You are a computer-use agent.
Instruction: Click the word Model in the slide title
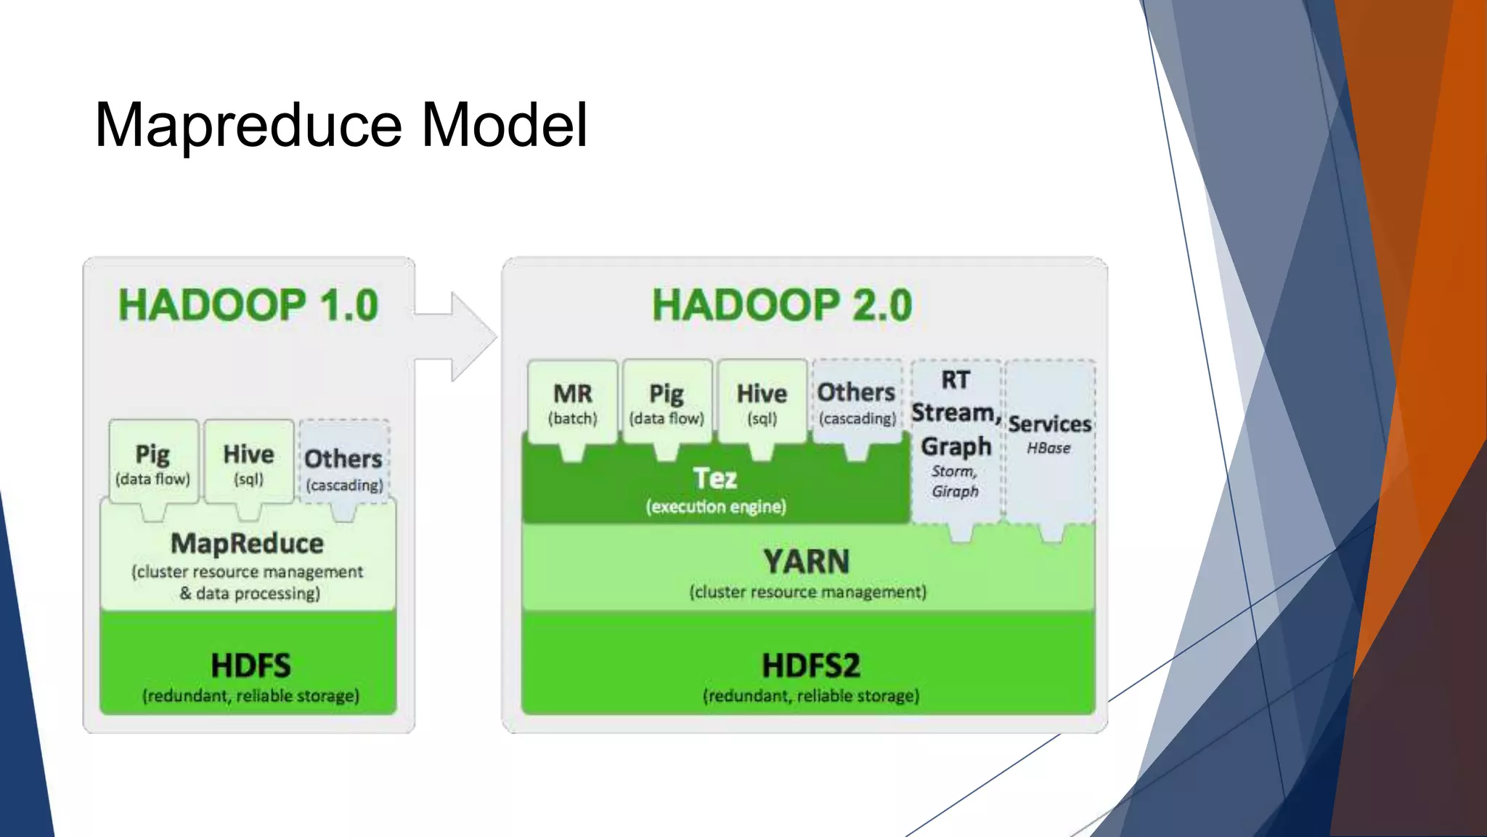click(x=504, y=126)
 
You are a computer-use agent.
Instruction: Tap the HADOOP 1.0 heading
click(x=248, y=305)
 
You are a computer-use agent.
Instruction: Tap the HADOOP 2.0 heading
click(x=782, y=305)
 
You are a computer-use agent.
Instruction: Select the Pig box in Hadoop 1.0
click(x=153, y=463)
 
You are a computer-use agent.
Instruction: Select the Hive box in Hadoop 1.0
click(x=248, y=463)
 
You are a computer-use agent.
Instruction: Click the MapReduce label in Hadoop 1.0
click(x=248, y=543)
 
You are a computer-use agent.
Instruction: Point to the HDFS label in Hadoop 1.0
click(x=250, y=666)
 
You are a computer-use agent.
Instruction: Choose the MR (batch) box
click(x=573, y=403)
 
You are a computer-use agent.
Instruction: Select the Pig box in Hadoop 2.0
click(x=667, y=403)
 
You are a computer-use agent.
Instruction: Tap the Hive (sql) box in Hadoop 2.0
click(x=762, y=403)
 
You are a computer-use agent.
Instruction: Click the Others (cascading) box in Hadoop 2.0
click(x=857, y=403)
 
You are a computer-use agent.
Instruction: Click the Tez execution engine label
click(x=715, y=480)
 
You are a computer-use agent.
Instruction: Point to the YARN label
click(x=807, y=562)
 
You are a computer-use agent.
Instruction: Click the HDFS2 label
click(x=811, y=666)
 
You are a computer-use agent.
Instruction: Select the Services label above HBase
click(x=1049, y=424)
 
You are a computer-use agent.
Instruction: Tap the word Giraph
click(x=956, y=492)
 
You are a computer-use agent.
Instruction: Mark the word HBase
click(x=1048, y=448)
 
